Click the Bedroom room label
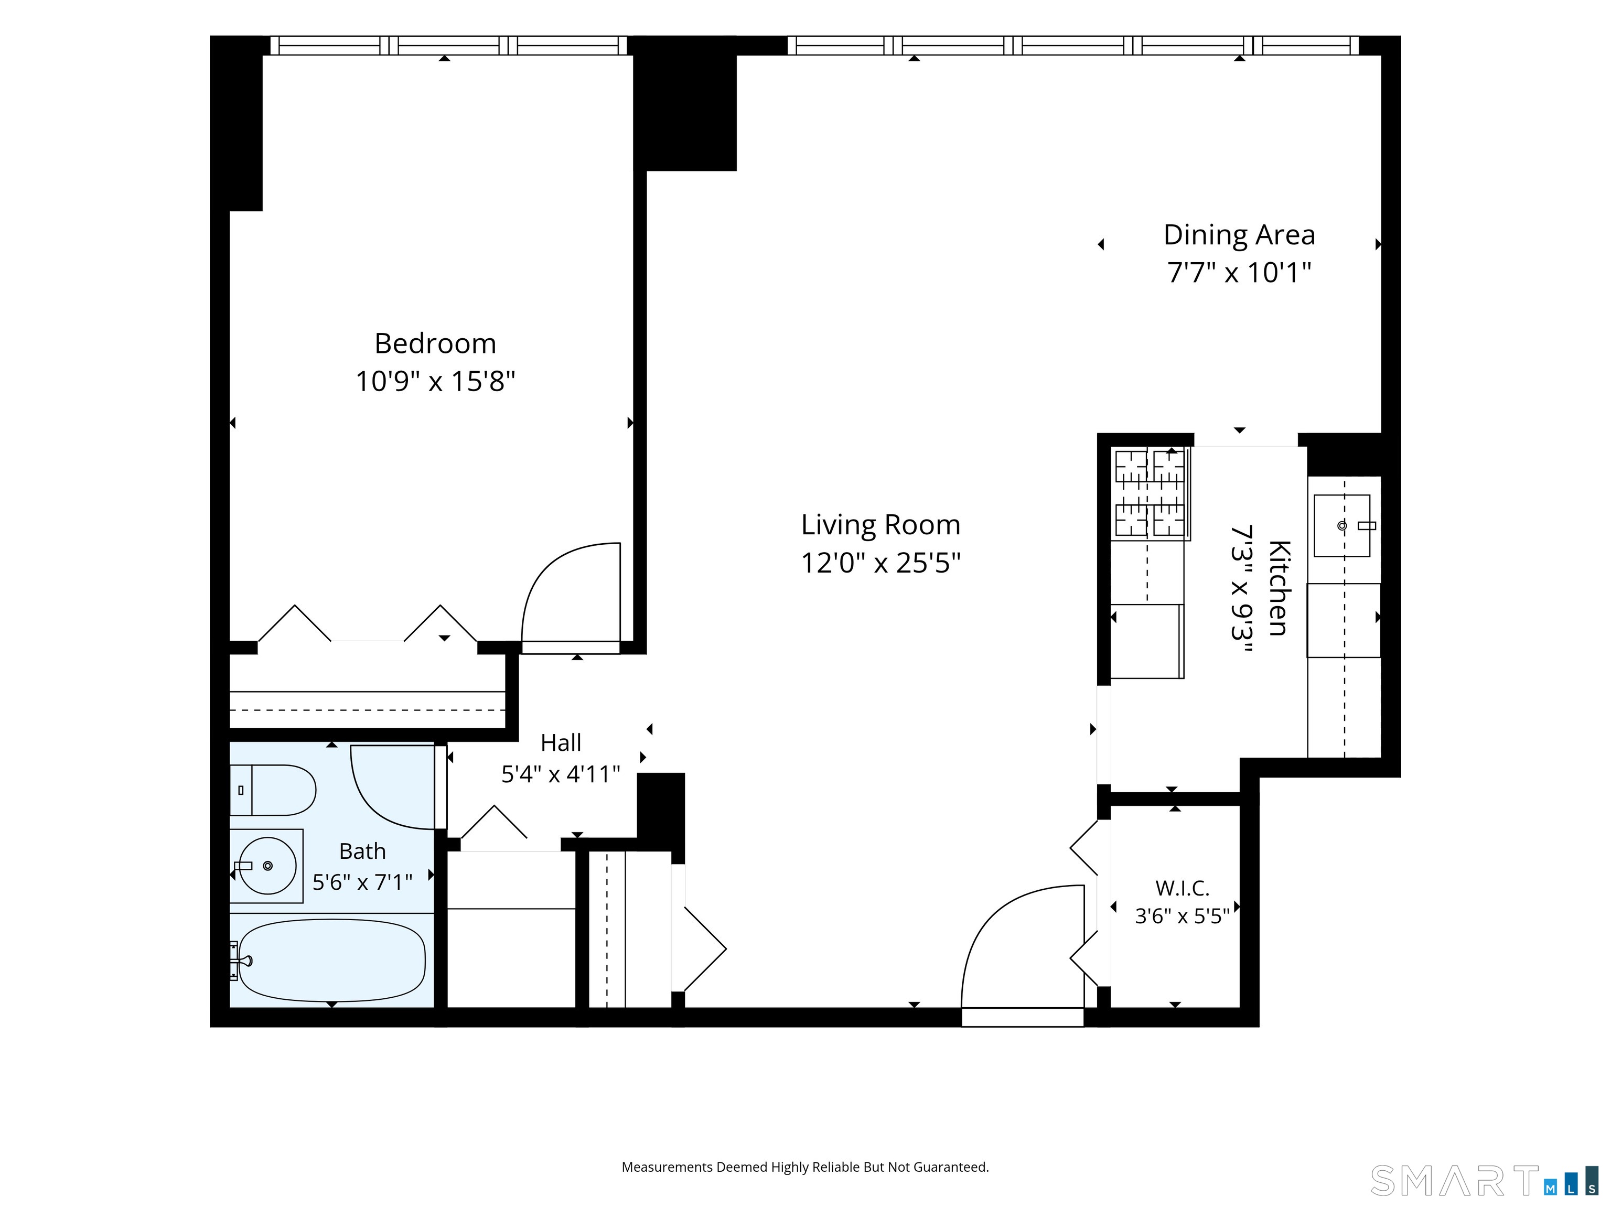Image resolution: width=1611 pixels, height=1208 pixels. (x=435, y=344)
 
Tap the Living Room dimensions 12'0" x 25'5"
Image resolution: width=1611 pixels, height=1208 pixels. (x=880, y=563)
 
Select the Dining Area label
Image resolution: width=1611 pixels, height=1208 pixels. (x=1239, y=235)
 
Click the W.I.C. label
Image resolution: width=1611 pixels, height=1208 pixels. (x=1182, y=888)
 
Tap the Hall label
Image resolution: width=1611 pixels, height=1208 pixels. (x=561, y=743)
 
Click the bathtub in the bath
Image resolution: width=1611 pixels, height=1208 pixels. (x=332, y=959)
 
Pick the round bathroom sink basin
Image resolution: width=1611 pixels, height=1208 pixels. (x=268, y=866)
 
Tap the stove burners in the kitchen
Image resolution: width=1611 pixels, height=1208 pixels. (x=1150, y=494)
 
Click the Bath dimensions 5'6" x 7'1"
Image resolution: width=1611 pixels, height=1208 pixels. (x=362, y=882)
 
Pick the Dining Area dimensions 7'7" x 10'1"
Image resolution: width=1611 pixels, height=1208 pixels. (x=1239, y=273)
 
